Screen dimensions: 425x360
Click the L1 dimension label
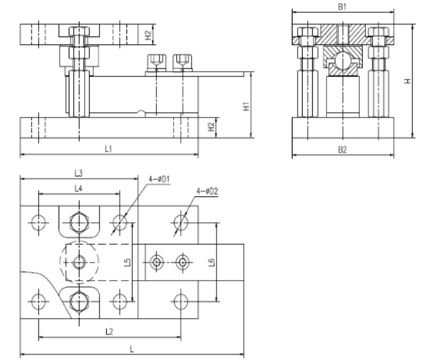[x=109, y=149]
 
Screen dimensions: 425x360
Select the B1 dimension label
[x=343, y=7]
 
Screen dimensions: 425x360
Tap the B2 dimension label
[x=343, y=150]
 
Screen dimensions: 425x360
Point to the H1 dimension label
[x=246, y=106]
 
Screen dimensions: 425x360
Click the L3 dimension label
[x=79, y=173]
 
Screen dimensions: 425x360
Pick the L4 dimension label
[x=79, y=189]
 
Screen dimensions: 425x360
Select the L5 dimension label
[x=127, y=262]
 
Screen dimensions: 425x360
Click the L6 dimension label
[x=212, y=262]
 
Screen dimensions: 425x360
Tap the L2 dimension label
[x=109, y=331]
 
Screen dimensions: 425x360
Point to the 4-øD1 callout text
[x=159, y=179]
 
